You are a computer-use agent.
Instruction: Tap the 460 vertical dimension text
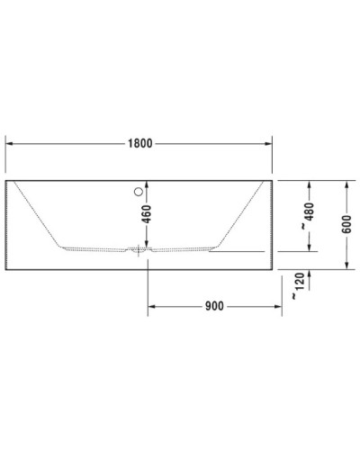(147, 216)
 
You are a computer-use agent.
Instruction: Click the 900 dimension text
(213, 306)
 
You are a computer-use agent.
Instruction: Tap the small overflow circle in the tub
(138, 191)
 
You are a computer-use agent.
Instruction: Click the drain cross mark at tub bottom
(138, 250)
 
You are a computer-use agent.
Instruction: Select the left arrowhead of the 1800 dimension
(11, 143)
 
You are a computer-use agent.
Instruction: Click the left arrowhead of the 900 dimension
(152, 306)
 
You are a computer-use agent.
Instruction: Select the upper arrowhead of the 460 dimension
(147, 184)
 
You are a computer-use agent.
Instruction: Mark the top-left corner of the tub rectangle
(7, 180)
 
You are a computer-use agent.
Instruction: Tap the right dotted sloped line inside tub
(241, 212)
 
